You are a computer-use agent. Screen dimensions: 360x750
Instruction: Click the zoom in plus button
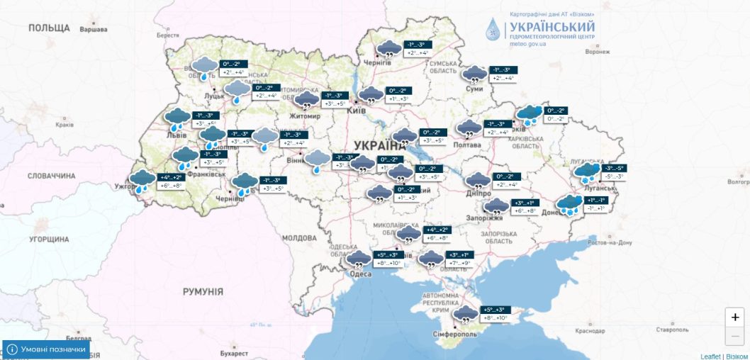735,317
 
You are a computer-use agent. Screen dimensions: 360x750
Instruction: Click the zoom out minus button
735,336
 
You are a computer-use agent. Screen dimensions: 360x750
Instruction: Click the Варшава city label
93,30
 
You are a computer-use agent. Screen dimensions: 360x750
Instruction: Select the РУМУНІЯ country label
203,291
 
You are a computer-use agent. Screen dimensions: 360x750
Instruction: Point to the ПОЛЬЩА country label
49,28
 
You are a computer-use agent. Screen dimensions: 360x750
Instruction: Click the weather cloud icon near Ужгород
142,180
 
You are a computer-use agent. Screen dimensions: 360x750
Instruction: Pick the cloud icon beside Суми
474,74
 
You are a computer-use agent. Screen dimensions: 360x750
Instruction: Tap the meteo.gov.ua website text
528,44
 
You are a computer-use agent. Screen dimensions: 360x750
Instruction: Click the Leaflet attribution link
710,356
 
